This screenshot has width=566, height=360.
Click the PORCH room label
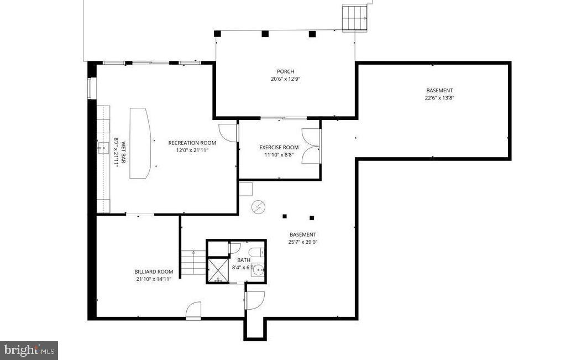click(285, 71)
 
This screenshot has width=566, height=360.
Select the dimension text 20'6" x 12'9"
click(285, 79)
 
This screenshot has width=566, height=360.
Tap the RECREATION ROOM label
click(192, 143)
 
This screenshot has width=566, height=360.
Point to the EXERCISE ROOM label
click(279, 147)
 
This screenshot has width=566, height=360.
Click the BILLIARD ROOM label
click(154, 272)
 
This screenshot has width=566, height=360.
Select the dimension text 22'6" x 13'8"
click(439, 98)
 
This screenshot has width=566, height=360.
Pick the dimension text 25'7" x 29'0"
click(303, 242)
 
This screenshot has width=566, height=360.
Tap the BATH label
click(244, 260)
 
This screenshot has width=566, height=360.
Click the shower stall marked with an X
click(218, 270)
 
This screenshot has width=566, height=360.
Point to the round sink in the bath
click(258, 271)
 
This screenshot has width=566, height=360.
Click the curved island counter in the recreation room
click(140, 143)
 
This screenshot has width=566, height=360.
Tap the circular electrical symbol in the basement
click(258, 207)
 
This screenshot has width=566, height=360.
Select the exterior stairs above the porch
click(354, 18)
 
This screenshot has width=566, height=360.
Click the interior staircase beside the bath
click(193, 263)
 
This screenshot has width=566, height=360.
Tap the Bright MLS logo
click(29, 350)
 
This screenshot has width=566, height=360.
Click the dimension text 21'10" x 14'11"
click(154, 279)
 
